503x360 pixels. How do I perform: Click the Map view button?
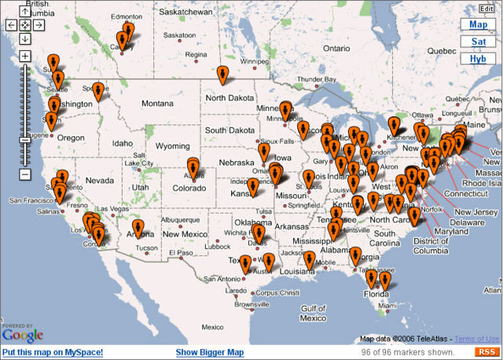(478, 25)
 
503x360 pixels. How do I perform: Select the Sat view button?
(478, 42)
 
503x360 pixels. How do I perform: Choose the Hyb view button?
(478, 58)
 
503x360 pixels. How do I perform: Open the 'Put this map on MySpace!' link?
(53, 352)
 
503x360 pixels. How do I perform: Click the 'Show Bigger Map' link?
(210, 352)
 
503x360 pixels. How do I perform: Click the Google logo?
(22, 335)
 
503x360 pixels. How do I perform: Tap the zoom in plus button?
(25, 56)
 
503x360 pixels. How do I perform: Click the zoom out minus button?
(25, 173)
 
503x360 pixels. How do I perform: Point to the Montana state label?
(157, 103)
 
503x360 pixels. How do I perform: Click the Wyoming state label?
(172, 146)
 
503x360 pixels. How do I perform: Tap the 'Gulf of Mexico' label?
(312, 313)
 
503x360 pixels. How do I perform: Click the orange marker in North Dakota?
(223, 75)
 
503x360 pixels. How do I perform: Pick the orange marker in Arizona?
(138, 229)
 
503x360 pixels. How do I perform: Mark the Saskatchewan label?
(185, 13)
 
